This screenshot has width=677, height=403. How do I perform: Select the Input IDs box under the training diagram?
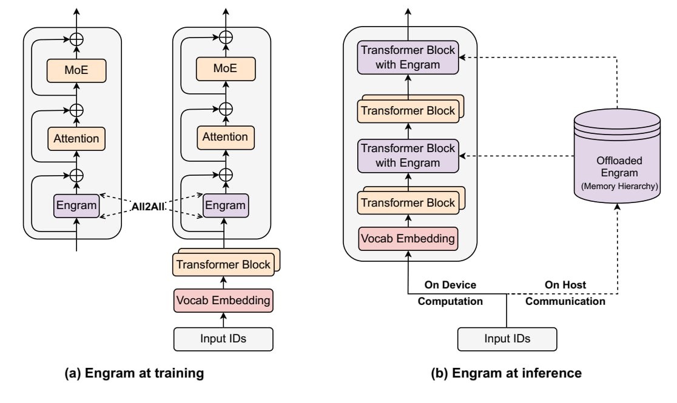tap(224, 338)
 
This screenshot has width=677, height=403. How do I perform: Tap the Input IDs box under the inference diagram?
tap(507, 338)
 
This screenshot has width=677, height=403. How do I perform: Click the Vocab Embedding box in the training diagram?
tap(224, 300)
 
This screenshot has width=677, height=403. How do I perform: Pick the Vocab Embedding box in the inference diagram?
tap(408, 239)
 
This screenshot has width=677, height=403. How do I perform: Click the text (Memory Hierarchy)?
tap(616, 186)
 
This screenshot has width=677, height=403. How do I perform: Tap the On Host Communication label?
tap(565, 292)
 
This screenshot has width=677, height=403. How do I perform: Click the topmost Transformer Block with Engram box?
tap(408, 58)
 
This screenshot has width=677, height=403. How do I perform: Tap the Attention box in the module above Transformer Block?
tap(224, 137)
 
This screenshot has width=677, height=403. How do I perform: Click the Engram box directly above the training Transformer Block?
tap(224, 205)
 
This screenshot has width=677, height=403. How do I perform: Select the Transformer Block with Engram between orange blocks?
tap(408, 155)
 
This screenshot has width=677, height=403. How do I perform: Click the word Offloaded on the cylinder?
tap(616, 161)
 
